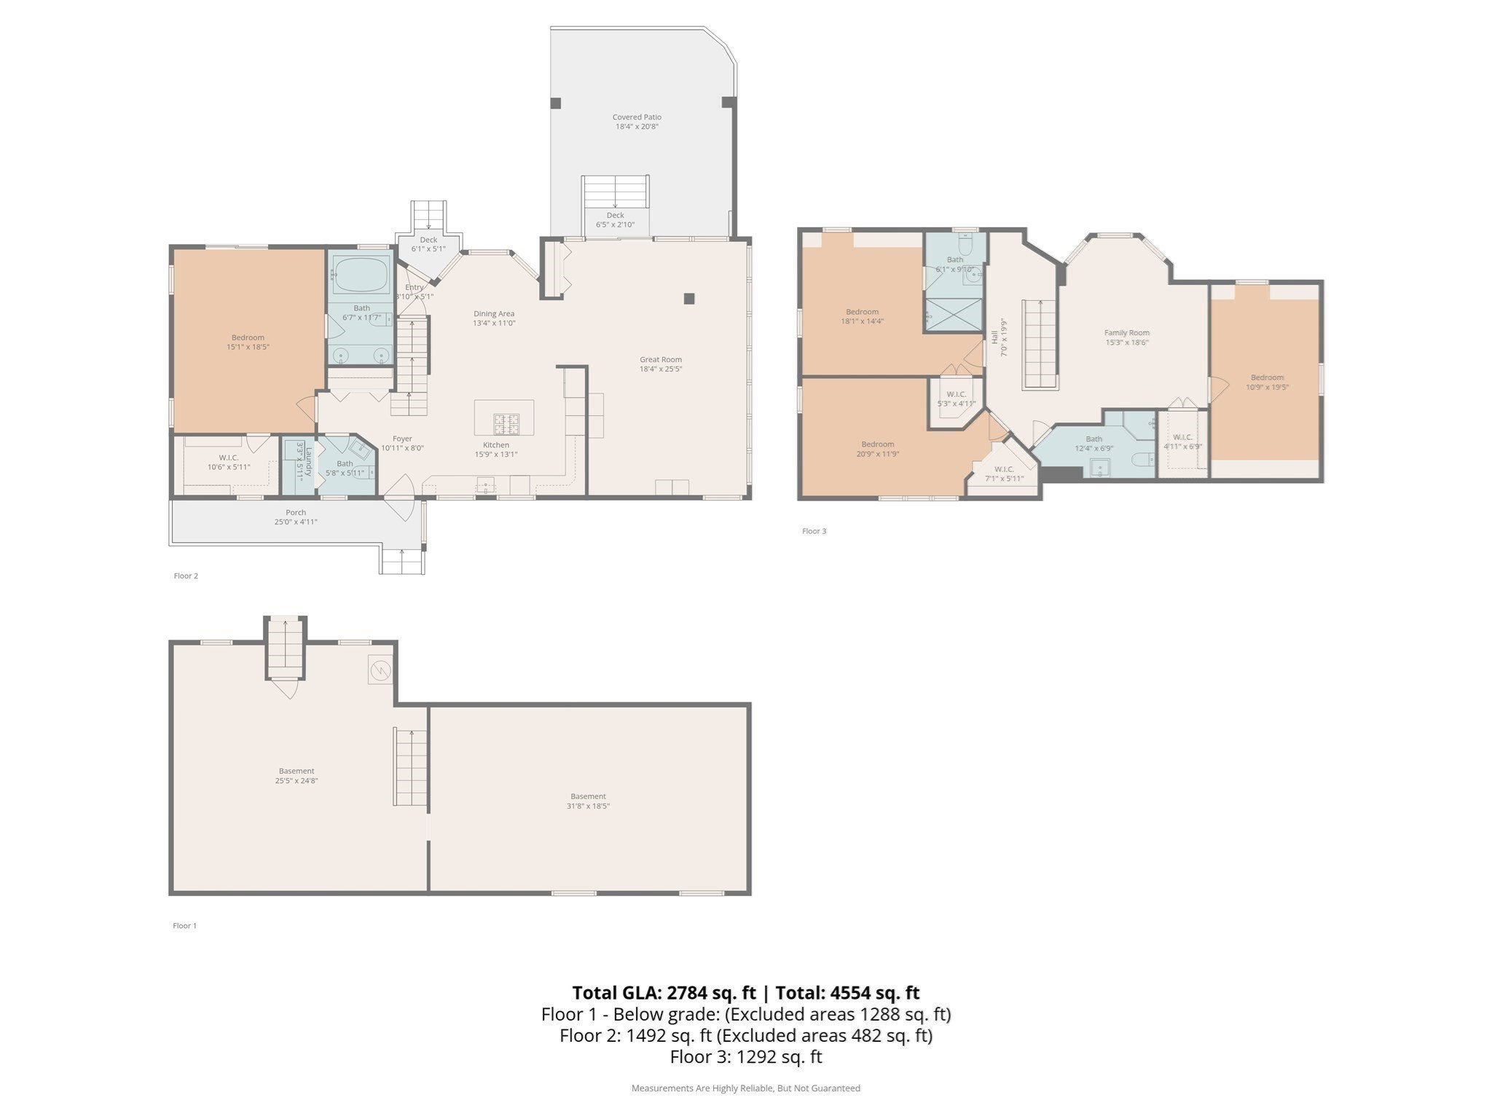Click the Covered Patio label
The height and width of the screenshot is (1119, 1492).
(637, 117)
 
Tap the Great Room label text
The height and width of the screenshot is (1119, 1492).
(661, 360)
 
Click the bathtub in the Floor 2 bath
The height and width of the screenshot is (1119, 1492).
(361, 275)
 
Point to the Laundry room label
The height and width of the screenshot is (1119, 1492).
(308, 462)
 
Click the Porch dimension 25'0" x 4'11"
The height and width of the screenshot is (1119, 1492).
(296, 522)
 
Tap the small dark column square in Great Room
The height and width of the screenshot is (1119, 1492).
(689, 298)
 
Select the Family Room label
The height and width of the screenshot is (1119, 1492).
(1126, 333)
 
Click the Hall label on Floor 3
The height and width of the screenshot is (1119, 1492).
(994, 337)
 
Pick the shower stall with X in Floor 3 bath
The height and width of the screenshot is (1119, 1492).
(954, 315)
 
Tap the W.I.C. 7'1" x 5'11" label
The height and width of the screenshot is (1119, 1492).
(1004, 469)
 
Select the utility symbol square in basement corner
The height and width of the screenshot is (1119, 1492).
(380, 670)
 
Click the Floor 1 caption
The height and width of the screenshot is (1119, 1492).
(184, 926)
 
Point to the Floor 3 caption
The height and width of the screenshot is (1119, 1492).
(814, 531)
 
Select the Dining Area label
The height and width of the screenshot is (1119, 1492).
(494, 314)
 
